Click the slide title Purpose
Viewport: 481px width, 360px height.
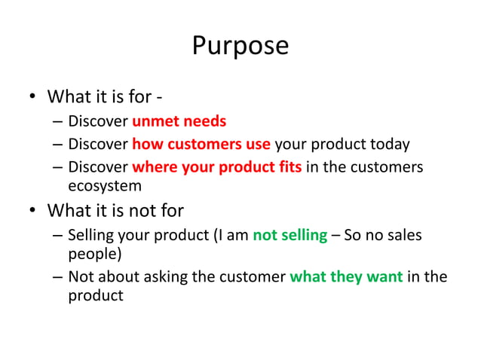coord(240,46)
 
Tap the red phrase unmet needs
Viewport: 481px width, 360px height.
coord(179,121)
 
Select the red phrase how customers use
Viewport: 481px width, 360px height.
coord(201,144)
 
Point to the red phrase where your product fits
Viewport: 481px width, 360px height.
coord(217,166)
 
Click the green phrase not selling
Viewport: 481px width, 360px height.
coord(290,236)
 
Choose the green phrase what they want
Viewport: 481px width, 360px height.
coord(346,276)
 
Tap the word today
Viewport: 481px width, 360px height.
coord(391,144)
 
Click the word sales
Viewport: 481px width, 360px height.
coord(404,236)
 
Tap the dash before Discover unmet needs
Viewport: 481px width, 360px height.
coord(57,121)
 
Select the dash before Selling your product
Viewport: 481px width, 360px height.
coord(57,236)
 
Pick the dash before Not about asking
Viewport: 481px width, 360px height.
coord(57,276)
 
